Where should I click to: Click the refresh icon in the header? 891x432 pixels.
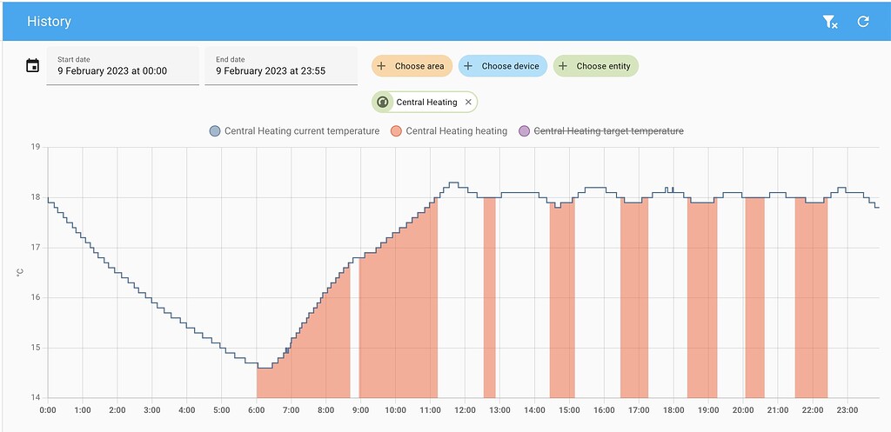pyautogui.click(x=863, y=22)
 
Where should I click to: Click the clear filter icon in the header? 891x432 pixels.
pyautogui.click(x=830, y=22)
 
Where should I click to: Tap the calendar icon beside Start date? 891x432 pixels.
pyautogui.click(x=33, y=66)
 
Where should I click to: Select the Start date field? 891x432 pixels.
pyautogui.click(x=122, y=66)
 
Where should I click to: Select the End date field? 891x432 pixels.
pyautogui.click(x=280, y=66)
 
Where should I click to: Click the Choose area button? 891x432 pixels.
pyautogui.click(x=412, y=66)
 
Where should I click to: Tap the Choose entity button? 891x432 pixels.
pyautogui.click(x=595, y=66)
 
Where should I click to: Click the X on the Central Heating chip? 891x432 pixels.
pyautogui.click(x=468, y=103)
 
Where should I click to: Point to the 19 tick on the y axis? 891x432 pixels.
pyautogui.click(x=36, y=147)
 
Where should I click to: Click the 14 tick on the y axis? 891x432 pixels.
pyautogui.click(x=36, y=398)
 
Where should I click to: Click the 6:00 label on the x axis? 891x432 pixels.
pyautogui.click(x=256, y=410)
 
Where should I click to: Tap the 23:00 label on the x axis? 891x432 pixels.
pyautogui.click(x=847, y=410)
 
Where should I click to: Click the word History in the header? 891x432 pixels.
pyautogui.click(x=49, y=22)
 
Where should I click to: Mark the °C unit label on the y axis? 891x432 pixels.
pyautogui.click(x=20, y=273)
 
